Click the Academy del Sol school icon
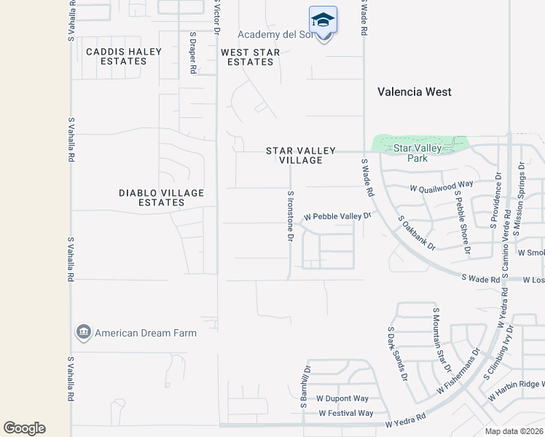pos(323,20)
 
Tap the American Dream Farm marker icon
pos(82,333)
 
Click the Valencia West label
pos(415,92)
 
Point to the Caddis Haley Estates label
pos(117,56)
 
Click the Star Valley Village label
pos(301,155)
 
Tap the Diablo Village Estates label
pos(162,197)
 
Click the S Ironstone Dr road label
pos(290,216)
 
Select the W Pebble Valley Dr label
pos(337,216)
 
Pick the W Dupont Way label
pos(342,398)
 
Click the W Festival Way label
pos(346,413)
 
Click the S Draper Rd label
pos(192,52)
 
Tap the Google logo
pos(24,428)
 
